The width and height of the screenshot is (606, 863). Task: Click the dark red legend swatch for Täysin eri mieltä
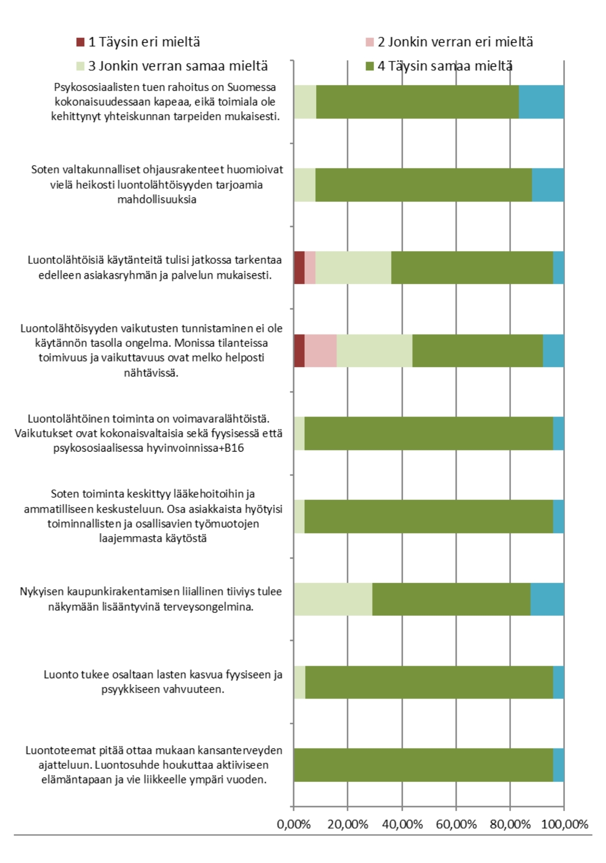pyautogui.click(x=80, y=42)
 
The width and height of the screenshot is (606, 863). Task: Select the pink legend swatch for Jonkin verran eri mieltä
pyautogui.click(x=370, y=42)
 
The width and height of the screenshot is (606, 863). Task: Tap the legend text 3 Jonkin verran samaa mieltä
pyautogui.click(x=178, y=66)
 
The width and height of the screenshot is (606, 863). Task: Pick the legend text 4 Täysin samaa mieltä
pyautogui.click(x=445, y=66)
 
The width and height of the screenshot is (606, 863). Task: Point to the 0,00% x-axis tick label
pyautogui.click(x=294, y=825)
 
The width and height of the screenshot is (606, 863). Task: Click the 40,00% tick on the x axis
pyautogui.click(x=402, y=825)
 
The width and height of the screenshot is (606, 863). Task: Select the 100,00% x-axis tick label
pyautogui.click(x=565, y=825)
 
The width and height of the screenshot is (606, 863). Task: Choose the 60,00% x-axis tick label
pyautogui.click(x=456, y=825)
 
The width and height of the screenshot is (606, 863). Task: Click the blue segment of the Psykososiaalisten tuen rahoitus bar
pyautogui.click(x=541, y=102)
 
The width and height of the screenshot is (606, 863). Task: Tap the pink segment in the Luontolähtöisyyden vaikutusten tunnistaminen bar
pyautogui.click(x=320, y=351)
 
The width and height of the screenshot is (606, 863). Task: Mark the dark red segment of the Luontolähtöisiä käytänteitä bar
pyautogui.click(x=299, y=268)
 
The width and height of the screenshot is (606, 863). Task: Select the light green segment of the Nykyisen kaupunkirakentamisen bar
pyautogui.click(x=333, y=599)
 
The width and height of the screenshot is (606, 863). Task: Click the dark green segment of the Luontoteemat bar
pyautogui.click(x=423, y=765)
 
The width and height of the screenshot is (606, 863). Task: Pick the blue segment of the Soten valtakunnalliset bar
pyautogui.click(x=548, y=185)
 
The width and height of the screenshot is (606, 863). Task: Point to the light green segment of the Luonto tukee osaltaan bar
pyautogui.click(x=300, y=682)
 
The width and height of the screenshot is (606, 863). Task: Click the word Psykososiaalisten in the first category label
pyautogui.click(x=92, y=87)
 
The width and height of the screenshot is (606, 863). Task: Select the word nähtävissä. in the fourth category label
pyautogui.click(x=151, y=373)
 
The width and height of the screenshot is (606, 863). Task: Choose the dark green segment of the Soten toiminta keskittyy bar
pyautogui.click(x=428, y=516)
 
